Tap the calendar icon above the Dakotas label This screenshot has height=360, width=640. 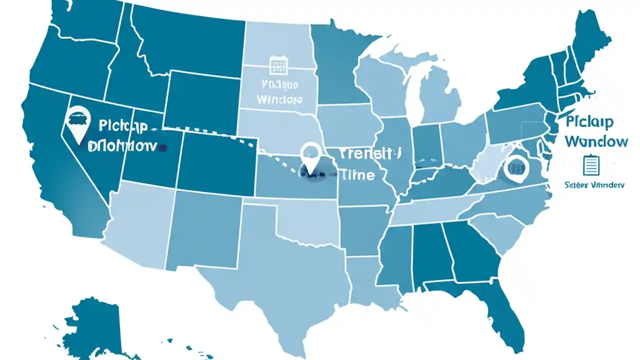[x=276, y=65]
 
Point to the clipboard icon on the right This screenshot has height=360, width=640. [x=590, y=165]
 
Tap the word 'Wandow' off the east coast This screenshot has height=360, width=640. [x=596, y=141]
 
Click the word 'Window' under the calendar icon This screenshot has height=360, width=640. [x=279, y=99]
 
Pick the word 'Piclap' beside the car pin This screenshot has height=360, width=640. [x=123, y=126]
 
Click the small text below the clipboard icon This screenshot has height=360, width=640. [x=594, y=184]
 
